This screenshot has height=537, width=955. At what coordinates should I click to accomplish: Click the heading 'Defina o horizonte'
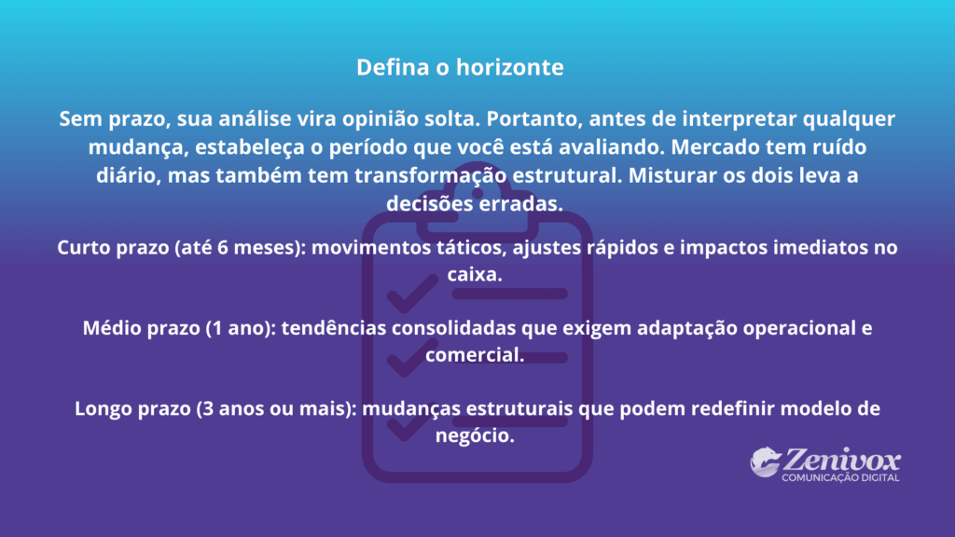(x=460, y=68)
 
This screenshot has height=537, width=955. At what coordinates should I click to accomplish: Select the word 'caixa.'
(x=477, y=276)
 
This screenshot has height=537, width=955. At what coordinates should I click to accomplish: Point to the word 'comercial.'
(x=477, y=355)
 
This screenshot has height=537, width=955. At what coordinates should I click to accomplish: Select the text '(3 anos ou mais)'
(x=276, y=409)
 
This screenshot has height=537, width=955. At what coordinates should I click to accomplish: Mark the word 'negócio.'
(x=477, y=435)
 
